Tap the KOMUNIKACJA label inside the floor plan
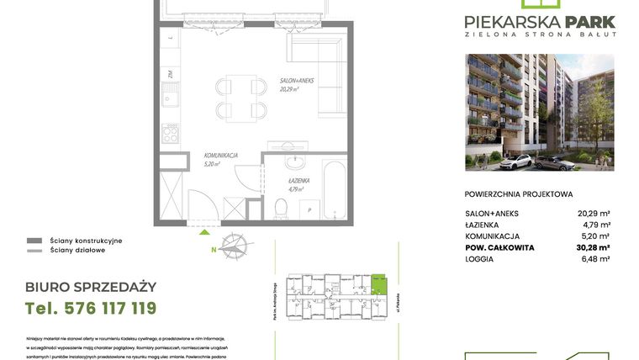click(220, 156)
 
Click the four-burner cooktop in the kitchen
click(171, 133)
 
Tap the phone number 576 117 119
click(91, 309)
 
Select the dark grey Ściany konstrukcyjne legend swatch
click(34, 241)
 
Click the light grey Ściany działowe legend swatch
click(34, 250)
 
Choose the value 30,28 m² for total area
click(593, 248)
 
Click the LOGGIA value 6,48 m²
click(594, 259)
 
